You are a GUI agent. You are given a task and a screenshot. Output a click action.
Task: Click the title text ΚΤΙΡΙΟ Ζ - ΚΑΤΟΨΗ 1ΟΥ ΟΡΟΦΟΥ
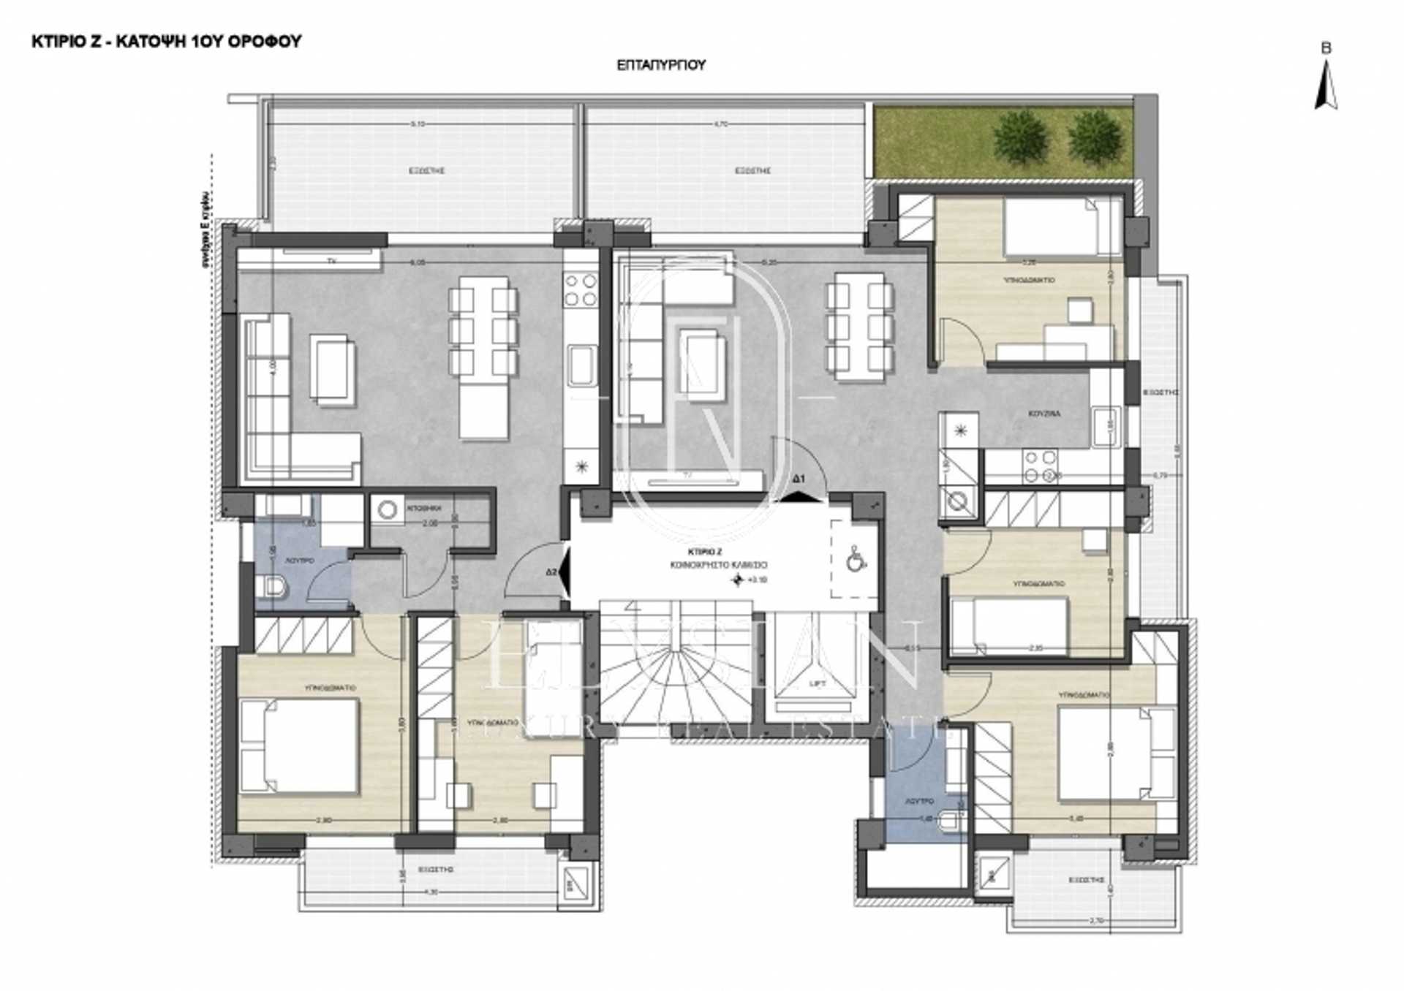pyautogui.click(x=167, y=42)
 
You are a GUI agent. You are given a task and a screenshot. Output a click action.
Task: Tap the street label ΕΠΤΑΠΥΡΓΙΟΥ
pyautogui.click(x=661, y=65)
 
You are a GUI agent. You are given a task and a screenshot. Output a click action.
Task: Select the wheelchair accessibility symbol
pyautogui.click(x=855, y=560)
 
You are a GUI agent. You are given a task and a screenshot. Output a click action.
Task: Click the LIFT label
pyautogui.click(x=818, y=684)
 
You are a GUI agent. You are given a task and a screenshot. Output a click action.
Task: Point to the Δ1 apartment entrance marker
pyautogui.click(x=799, y=479)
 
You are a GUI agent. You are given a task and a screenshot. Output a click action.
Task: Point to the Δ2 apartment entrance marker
pyautogui.click(x=552, y=572)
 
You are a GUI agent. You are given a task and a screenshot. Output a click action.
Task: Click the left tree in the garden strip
pyautogui.click(x=1019, y=137)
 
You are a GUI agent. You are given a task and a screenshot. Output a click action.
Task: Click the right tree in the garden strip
pyautogui.click(x=1095, y=137)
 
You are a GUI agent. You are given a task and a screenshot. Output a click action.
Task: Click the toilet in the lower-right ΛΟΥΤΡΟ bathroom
pyautogui.click(x=951, y=821)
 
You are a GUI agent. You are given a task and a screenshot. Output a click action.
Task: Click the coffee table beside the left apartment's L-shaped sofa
pyautogui.click(x=333, y=368)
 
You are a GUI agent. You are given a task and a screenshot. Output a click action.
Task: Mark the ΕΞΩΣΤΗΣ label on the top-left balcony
pyautogui.click(x=426, y=170)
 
